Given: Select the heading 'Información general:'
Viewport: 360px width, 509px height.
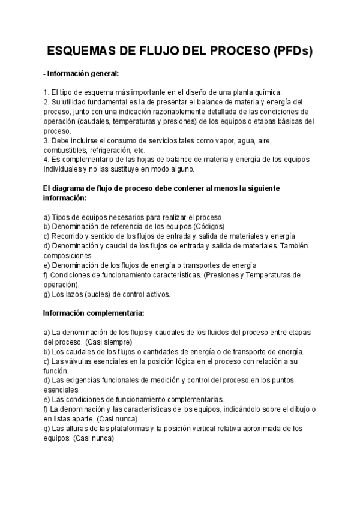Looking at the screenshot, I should tap(83, 74).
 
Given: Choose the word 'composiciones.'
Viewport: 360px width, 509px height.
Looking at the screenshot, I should tap(68, 256).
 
